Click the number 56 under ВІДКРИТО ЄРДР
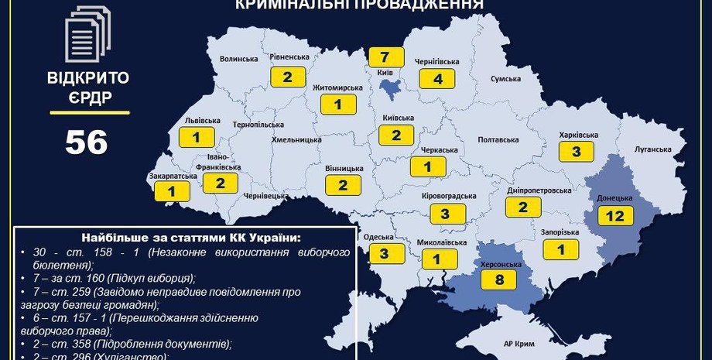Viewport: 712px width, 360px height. (x=86, y=142)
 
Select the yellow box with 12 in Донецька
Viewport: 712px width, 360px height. (x=615, y=216)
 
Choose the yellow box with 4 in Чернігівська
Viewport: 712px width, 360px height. (x=437, y=78)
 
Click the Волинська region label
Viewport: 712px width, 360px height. (x=238, y=59)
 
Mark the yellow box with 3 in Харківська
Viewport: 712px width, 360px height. (x=577, y=152)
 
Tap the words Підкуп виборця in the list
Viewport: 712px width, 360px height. (x=160, y=277)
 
